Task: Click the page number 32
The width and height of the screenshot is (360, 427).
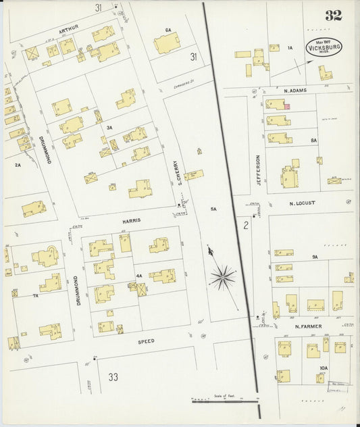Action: [x=332, y=16]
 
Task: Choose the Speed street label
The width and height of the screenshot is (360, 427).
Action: [x=146, y=341]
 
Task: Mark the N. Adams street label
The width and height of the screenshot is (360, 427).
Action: [x=294, y=90]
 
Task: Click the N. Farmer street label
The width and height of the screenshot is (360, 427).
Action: [x=308, y=326]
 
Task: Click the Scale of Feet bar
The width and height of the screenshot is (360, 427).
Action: [x=226, y=401]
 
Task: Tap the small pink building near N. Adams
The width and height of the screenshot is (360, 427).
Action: [x=286, y=106]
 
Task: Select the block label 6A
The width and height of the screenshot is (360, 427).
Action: [x=168, y=30]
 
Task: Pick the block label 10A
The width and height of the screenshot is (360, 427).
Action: [x=324, y=368]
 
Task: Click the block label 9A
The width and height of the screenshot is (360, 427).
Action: [x=315, y=257]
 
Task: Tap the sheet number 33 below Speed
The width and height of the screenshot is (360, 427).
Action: [x=113, y=376]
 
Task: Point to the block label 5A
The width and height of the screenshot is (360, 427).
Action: [x=213, y=209]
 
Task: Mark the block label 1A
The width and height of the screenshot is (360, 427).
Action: [x=290, y=47]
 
